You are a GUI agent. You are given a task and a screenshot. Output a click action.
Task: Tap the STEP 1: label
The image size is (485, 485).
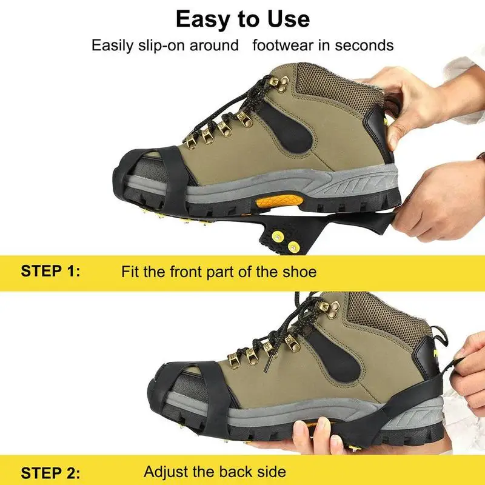(50, 271)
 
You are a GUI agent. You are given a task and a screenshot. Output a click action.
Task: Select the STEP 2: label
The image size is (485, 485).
(50, 472)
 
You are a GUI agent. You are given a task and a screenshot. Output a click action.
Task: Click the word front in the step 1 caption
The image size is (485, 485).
(182, 271)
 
